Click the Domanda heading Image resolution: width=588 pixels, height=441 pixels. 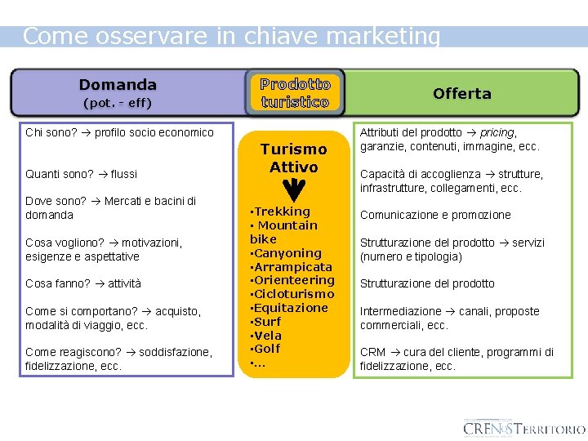click(118, 84)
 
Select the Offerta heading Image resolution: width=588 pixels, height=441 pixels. click(462, 94)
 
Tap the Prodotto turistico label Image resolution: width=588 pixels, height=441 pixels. click(295, 93)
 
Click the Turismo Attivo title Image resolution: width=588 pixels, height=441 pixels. click(293, 158)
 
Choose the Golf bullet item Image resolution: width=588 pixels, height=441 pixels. click(267, 349)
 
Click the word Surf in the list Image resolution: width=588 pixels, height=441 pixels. click(268, 321)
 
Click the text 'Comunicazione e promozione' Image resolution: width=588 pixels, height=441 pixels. click(435, 215)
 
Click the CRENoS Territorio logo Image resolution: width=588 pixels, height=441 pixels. click(523, 428)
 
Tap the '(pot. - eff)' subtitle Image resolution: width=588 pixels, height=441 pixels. click(118, 104)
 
